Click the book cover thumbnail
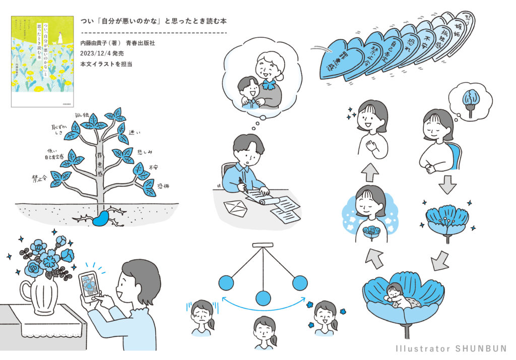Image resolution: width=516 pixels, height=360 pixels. coord(42,61)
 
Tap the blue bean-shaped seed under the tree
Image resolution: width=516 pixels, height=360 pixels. coord(103,218)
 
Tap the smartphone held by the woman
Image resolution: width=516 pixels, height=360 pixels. coord(89,286)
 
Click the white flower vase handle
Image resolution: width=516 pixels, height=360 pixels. coord(25,293)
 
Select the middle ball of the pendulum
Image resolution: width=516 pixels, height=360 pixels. coord(263,298)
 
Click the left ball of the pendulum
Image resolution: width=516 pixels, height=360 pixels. coord(225,283)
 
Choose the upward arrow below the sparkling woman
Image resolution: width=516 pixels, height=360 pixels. coord(370,172)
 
